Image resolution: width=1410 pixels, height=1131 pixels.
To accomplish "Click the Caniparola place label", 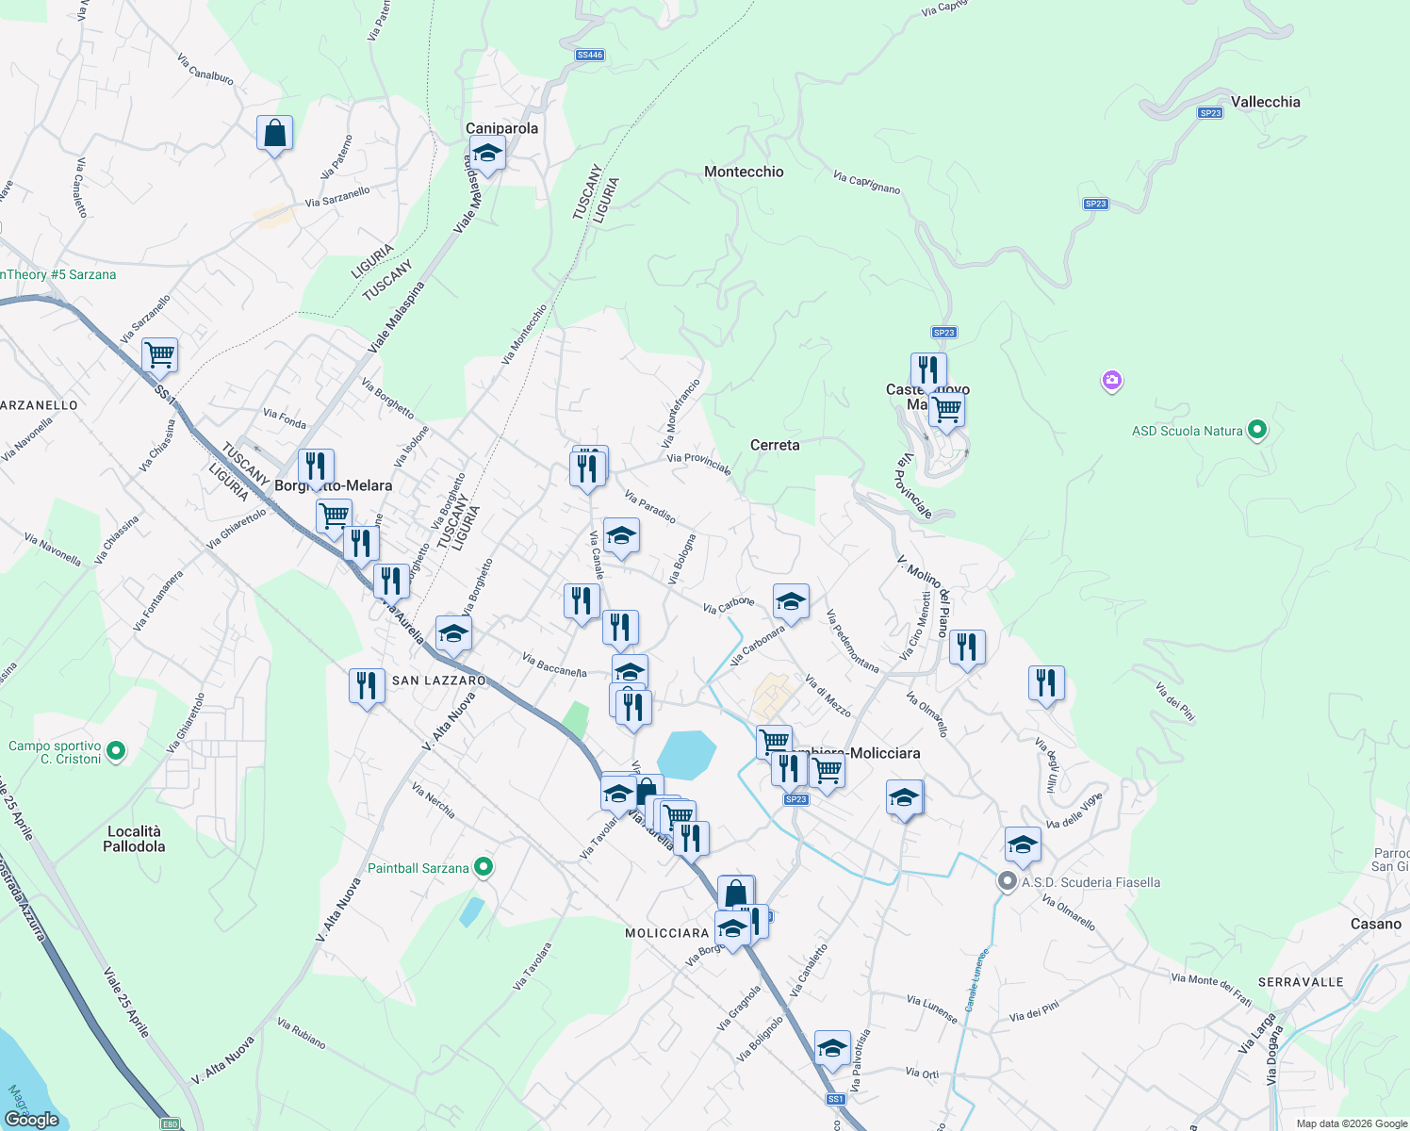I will [501, 128].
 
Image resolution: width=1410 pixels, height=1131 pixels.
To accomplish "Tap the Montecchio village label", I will [744, 172].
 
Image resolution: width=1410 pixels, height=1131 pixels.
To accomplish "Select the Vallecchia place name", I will [1265, 102].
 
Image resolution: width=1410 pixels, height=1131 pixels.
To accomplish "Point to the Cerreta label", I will [775, 445].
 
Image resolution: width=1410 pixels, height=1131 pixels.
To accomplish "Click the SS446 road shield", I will [590, 55].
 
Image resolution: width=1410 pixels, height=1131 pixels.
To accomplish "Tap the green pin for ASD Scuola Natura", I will [1256, 431].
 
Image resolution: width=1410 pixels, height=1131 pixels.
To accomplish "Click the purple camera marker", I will [1112, 381].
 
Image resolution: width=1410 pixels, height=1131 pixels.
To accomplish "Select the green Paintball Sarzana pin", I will [484, 867].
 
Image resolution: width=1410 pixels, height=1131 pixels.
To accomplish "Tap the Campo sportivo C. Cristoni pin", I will [116, 751].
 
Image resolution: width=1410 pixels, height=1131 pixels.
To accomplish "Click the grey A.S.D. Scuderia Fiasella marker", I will [1008, 882].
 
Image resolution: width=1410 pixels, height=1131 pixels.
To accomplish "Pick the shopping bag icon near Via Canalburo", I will [274, 133].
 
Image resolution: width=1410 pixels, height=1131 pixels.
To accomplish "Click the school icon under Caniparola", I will [487, 154].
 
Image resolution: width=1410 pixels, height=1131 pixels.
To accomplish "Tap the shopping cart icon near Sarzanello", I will [159, 356].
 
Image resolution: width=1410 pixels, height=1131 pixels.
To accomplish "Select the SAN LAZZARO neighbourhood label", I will [438, 680].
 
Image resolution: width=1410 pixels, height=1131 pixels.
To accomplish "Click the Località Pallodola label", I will [134, 839].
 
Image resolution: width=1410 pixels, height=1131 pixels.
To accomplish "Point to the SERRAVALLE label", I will [1301, 982].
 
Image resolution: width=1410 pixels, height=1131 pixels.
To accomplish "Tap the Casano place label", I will [1375, 924].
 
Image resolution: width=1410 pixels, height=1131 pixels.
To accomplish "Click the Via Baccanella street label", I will [554, 665].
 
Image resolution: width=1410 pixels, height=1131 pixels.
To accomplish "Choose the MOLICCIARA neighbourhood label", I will [666, 933].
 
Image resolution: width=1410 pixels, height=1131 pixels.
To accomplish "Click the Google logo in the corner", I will [31, 1120].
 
